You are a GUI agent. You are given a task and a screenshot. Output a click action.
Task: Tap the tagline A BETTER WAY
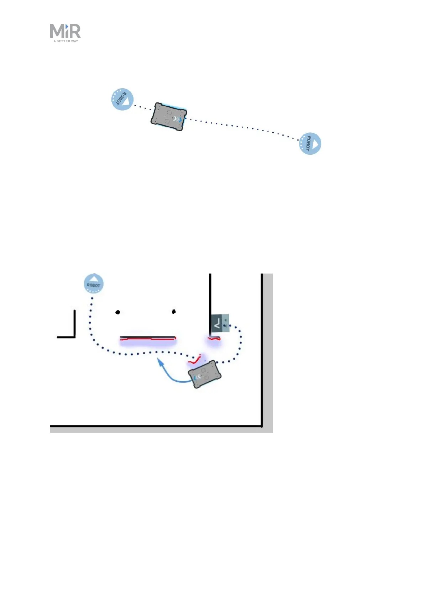tap(66, 41)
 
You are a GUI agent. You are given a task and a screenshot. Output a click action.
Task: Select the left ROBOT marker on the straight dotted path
tap(122, 99)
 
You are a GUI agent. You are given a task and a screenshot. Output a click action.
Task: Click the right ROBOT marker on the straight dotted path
tap(310, 144)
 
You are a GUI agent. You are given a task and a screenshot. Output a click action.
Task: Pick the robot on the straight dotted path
tap(168, 117)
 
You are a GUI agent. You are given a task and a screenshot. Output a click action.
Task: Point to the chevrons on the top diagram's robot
tap(177, 120)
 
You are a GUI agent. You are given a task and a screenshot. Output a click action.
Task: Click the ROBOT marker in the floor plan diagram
tap(94, 284)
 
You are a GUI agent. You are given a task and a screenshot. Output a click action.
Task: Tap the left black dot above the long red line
tap(118, 312)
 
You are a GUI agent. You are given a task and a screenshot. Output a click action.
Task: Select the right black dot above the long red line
tap(174, 312)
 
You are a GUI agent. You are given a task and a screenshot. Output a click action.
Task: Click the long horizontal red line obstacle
tap(148, 338)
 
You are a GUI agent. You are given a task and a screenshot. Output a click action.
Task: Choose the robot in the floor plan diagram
tap(204, 374)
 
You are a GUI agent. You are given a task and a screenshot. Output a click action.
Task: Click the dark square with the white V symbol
tap(216, 323)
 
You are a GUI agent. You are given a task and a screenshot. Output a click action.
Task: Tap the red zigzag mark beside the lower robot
tap(195, 360)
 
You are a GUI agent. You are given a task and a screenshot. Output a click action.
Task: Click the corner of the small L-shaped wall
tap(75, 336)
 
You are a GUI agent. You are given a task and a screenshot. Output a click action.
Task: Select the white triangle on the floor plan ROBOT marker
tap(94, 279)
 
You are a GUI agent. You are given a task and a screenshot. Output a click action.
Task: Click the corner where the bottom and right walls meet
tap(262, 425)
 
